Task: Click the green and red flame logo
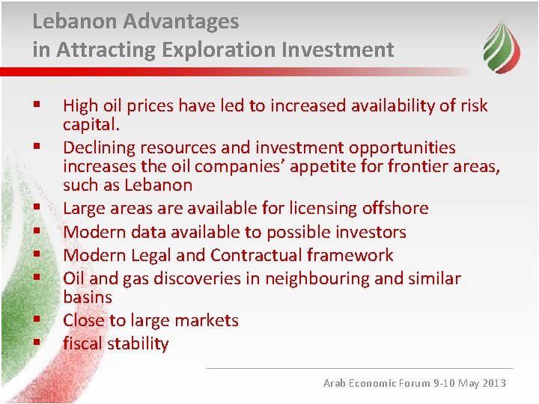coord(501,46)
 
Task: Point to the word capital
coord(91,123)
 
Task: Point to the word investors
coord(371,232)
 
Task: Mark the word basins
coord(87,297)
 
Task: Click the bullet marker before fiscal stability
coord(35,343)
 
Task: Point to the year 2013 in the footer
coord(493,383)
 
